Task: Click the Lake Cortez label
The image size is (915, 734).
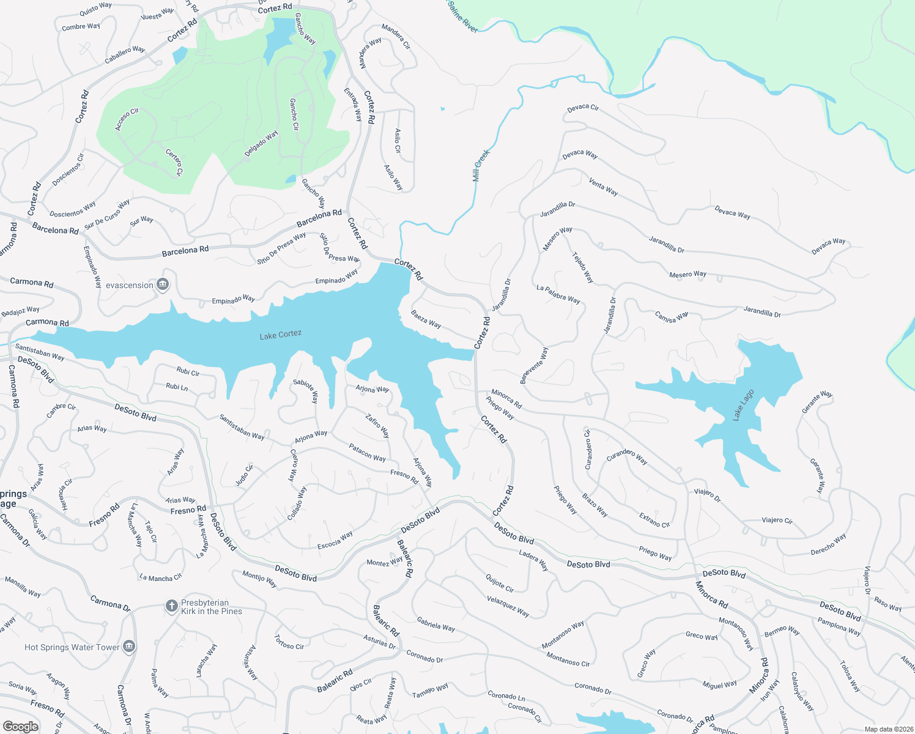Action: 280,335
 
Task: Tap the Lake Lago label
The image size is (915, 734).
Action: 743,405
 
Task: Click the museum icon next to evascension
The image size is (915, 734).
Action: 163,285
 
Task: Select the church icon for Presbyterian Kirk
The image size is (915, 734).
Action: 171,606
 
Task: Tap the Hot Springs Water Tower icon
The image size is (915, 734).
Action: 128,647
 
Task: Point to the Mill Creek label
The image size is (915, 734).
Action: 481,166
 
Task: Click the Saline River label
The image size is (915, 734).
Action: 462,16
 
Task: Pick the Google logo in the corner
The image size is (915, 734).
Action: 20,726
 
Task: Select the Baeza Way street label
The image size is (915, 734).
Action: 426,319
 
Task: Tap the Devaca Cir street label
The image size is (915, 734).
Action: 583,108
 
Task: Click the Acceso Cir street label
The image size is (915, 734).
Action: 127,119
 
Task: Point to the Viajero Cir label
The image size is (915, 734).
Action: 777,520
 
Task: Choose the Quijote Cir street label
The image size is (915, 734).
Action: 500,583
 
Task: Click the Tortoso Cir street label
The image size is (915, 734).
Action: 289,642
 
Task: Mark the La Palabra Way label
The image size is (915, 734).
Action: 558,294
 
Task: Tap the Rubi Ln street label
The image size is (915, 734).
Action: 177,387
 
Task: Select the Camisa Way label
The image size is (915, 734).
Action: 671,316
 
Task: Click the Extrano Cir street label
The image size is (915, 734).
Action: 654,520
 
